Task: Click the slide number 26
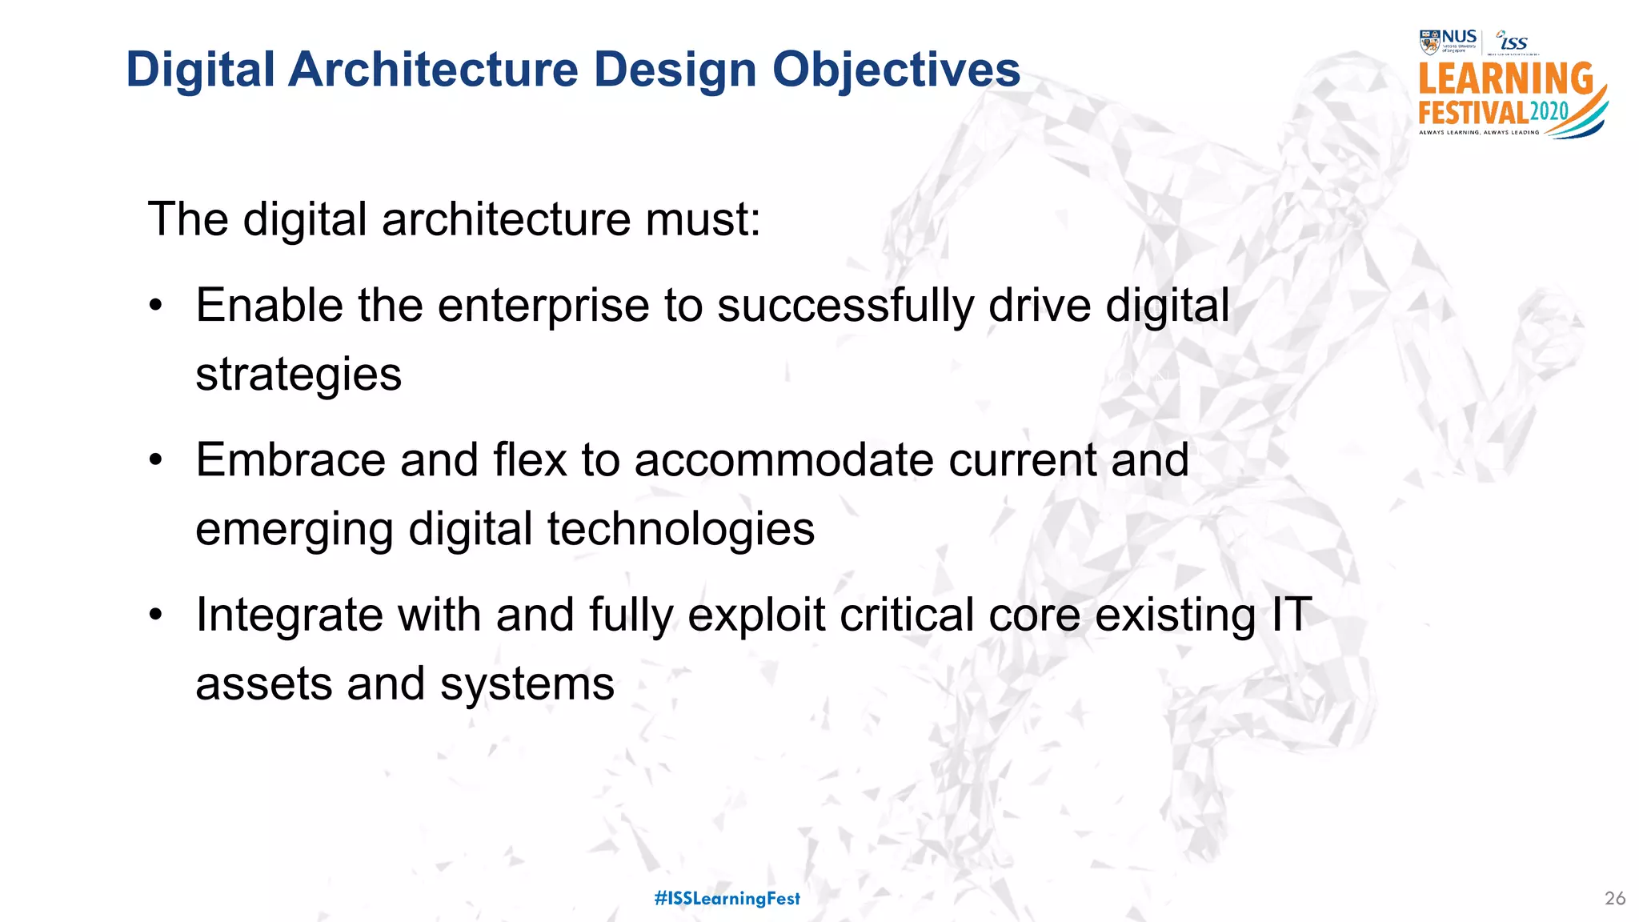tap(1615, 898)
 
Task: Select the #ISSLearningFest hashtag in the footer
tap(727, 898)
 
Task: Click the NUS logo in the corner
tap(1449, 42)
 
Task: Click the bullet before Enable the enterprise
tap(156, 307)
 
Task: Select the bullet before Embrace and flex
tap(156, 461)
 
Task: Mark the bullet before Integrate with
tap(156, 615)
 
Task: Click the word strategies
tap(299, 375)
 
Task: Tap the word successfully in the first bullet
tap(845, 307)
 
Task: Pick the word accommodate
tap(783, 461)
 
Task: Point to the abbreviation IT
tap(1291, 615)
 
